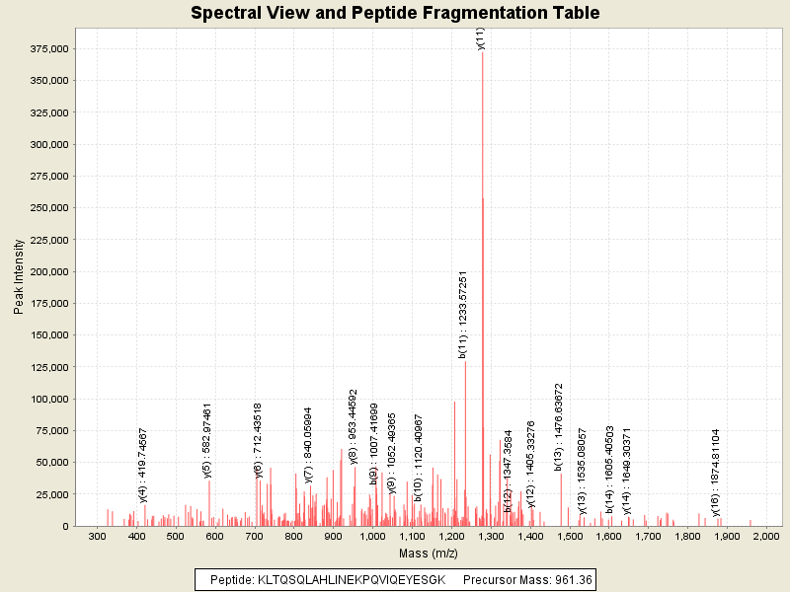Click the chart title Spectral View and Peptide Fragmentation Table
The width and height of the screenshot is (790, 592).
point(395,14)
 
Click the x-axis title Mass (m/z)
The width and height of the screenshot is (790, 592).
point(428,555)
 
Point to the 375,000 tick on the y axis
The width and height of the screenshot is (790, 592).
point(46,49)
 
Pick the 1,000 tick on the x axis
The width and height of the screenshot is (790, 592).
point(372,536)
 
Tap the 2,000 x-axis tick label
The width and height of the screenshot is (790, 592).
point(765,536)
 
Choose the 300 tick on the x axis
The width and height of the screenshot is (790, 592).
point(97,536)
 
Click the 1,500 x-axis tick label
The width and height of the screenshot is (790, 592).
point(569,536)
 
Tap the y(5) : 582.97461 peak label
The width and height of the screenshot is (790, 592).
point(207,440)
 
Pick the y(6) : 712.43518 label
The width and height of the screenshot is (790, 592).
point(259,440)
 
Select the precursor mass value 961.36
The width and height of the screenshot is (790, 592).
point(573,580)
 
